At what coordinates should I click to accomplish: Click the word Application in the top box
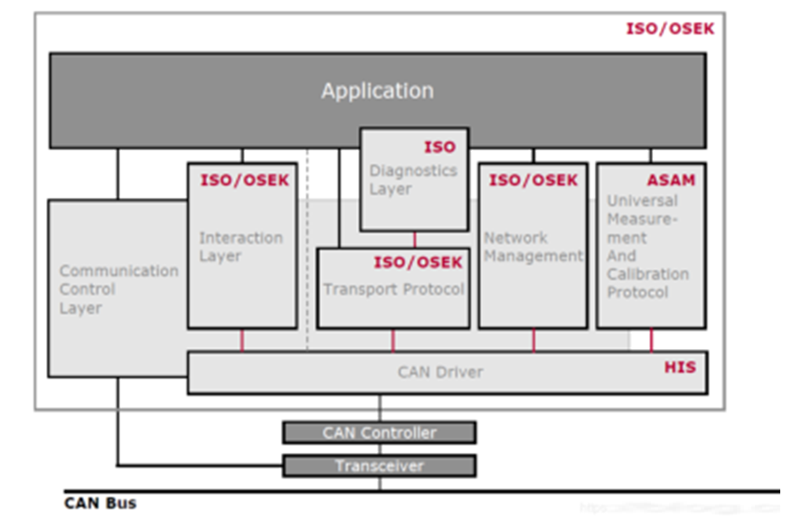click(x=377, y=91)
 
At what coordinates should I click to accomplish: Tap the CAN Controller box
click(x=380, y=432)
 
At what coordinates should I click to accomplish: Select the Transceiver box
click(x=380, y=466)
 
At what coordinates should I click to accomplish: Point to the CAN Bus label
click(x=100, y=503)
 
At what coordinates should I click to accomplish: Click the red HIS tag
click(x=680, y=367)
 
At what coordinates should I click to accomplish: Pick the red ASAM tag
click(x=671, y=180)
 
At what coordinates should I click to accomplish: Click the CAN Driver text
click(x=440, y=372)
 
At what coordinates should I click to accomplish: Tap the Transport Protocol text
click(x=393, y=289)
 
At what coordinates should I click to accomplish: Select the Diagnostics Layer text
click(x=413, y=179)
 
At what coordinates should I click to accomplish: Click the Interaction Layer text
click(x=240, y=247)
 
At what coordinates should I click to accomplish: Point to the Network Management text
click(x=533, y=247)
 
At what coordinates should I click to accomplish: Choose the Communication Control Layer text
click(x=118, y=289)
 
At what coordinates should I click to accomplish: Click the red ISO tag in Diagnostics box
click(x=439, y=147)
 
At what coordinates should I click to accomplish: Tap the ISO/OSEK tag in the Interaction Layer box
click(x=244, y=180)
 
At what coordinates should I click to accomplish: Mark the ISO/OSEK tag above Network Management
click(x=533, y=180)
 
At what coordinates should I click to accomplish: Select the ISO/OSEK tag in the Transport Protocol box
click(x=418, y=262)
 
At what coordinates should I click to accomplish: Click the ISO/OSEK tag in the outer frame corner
click(x=670, y=28)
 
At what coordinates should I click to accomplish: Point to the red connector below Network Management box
click(x=533, y=340)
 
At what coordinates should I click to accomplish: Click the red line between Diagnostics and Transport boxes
click(x=415, y=240)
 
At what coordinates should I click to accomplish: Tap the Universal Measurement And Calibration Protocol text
click(x=647, y=247)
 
